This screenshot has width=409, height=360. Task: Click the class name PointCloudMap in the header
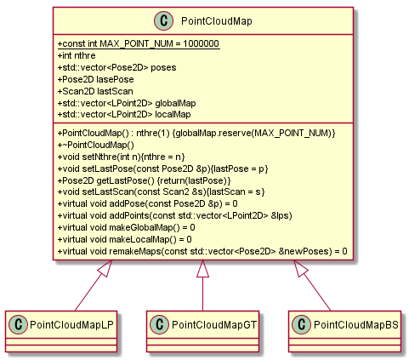[217, 21]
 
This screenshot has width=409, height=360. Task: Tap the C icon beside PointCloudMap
[163, 21]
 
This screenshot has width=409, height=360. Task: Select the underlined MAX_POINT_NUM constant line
[139, 43]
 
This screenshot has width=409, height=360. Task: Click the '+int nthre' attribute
[77, 55]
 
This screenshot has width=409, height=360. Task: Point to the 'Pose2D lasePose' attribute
[96, 79]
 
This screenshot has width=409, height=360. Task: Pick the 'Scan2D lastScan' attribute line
[95, 91]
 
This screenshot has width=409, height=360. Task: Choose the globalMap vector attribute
[127, 103]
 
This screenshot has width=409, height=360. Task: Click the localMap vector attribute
[124, 114]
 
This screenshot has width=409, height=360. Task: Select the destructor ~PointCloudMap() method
[96, 145]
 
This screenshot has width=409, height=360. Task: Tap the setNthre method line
[122, 157]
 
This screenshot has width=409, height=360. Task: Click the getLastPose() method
[145, 180]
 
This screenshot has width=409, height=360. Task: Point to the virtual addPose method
[148, 203]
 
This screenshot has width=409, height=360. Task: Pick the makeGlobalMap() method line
[127, 227]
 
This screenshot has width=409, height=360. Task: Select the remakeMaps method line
[202, 251]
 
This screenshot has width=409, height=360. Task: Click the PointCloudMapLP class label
[71, 325]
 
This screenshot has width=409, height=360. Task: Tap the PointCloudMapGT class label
[214, 325]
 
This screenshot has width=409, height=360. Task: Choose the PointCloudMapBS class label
[356, 325]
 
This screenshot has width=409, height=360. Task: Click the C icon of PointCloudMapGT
[160, 324]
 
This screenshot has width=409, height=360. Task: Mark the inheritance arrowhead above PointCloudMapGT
[202, 269]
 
